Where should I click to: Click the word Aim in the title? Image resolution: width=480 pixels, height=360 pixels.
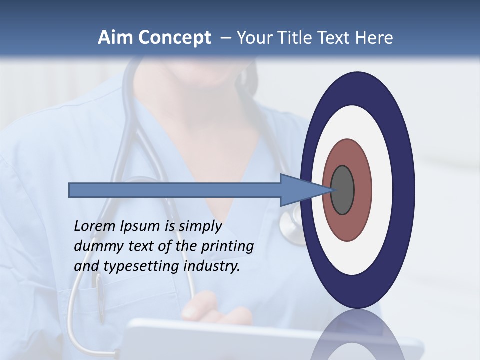tap(115, 38)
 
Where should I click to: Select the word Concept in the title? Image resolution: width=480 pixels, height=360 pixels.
tap(174, 38)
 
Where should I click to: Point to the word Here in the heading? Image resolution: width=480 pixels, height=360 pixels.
tap(374, 38)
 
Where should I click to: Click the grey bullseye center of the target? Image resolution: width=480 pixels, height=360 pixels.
tap(343, 190)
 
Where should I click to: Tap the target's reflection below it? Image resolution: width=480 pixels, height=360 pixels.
tap(357, 335)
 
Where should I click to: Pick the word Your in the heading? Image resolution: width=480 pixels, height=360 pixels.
tap(254, 38)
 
